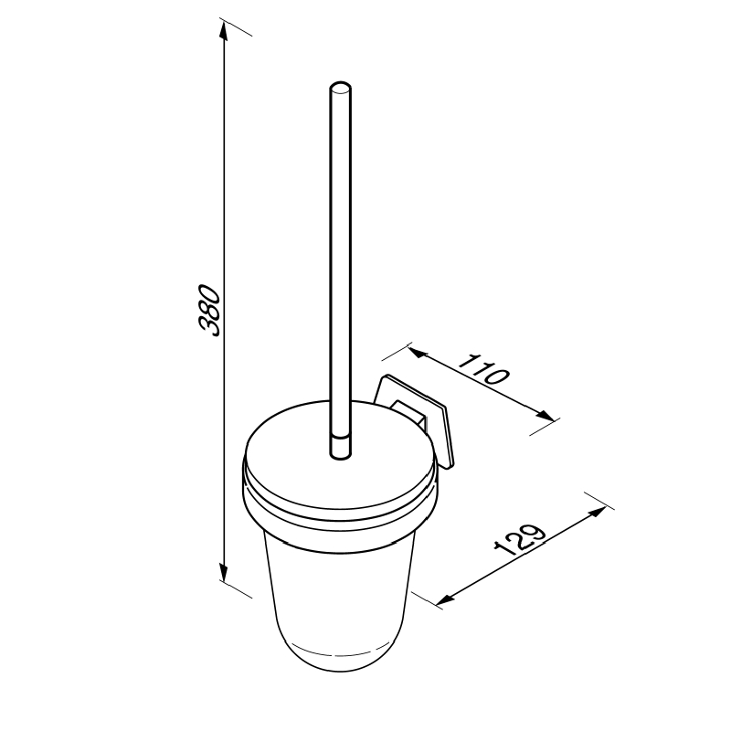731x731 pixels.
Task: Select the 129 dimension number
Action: click(518, 542)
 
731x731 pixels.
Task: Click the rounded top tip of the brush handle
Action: click(339, 89)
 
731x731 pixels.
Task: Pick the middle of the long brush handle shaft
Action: click(339, 265)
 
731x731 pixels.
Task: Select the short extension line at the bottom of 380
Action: click(236, 588)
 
